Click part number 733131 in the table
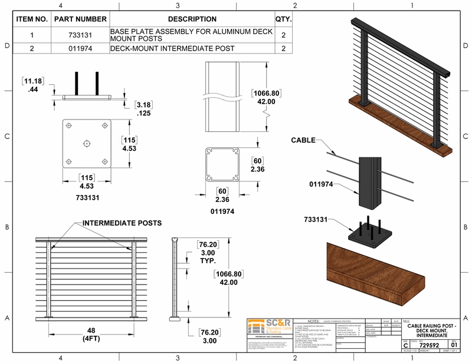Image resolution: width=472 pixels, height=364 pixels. (80, 34)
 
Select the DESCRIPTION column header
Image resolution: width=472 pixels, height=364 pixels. (192, 19)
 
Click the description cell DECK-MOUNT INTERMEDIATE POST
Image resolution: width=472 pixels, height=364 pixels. (172, 48)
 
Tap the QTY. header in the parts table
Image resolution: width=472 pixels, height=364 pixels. (283, 19)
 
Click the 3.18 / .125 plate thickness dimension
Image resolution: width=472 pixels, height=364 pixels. (143, 109)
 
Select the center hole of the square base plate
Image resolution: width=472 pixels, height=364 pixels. (87, 143)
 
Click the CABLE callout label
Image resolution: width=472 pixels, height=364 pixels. (303, 140)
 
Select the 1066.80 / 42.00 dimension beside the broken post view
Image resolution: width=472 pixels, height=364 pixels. (264, 97)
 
